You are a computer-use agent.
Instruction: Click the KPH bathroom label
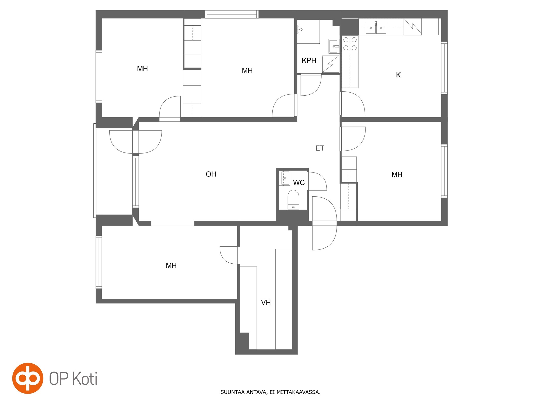tap(309, 60)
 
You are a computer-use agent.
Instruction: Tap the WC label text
tap(299, 182)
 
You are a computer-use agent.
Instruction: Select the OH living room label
tap(211, 174)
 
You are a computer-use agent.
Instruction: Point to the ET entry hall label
tap(320, 148)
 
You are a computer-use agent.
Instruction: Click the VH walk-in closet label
tap(266, 302)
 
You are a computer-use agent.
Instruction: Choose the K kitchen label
tap(398, 75)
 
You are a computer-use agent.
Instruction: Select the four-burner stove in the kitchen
tap(350, 43)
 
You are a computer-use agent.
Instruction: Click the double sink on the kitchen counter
tap(376, 28)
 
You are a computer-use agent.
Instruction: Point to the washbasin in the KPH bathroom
tap(334, 46)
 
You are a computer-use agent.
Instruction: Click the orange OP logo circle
tap(28, 378)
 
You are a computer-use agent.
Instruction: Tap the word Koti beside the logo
tap(85, 379)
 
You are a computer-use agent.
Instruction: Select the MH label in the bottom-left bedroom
tap(171, 265)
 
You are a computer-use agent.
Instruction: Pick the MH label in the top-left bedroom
tap(142, 69)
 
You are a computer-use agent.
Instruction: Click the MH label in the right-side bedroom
tap(397, 174)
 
